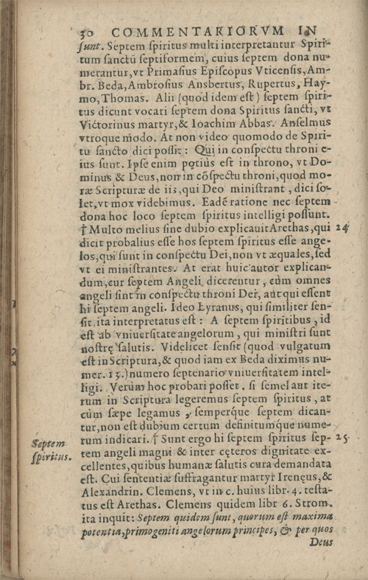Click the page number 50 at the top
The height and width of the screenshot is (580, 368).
tap(86, 31)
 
